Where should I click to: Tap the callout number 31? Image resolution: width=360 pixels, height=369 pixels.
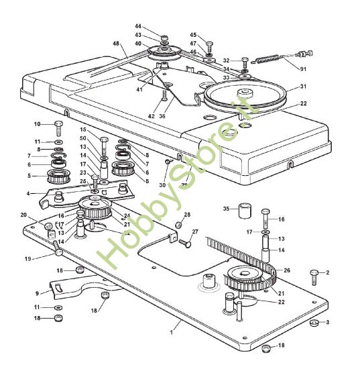pyautogui.click(x=303, y=87)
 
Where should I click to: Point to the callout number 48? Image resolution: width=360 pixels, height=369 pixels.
pyautogui.click(x=116, y=44)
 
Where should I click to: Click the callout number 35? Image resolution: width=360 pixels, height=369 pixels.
pyautogui.click(x=226, y=208)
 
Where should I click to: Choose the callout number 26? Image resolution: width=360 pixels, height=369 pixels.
pyautogui.click(x=287, y=272)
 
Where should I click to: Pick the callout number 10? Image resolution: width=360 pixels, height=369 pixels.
pyautogui.click(x=38, y=124)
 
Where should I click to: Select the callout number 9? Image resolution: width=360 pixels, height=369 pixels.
pyautogui.click(x=37, y=293)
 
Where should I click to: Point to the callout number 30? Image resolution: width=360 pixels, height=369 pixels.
pyautogui.click(x=162, y=185)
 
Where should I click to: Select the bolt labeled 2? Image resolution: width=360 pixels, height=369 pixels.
pyautogui.click(x=313, y=273)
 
